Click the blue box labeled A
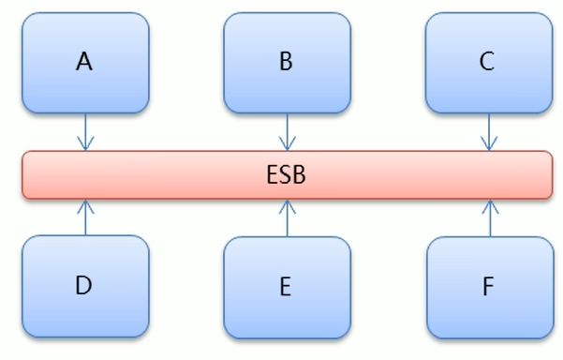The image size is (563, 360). click(x=85, y=62)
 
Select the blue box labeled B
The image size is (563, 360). click(x=287, y=62)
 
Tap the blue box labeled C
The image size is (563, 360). click(x=488, y=62)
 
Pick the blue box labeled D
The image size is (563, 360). click(x=85, y=286)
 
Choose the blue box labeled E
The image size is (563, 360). click(x=287, y=286)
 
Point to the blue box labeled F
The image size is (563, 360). click(x=488, y=286)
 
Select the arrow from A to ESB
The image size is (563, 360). click(x=85, y=131)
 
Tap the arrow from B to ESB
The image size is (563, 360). click(x=287, y=131)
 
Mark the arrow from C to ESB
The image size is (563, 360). click(x=488, y=131)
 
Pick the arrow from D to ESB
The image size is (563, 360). click(x=85, y=217)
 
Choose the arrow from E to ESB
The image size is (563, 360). click(x=287, y=217)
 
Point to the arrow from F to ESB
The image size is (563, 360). click(x=488, y=217)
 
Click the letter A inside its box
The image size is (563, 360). click(x=85, y=62)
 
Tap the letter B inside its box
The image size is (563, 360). click(x=287, y=62)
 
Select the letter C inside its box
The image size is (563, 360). click(x=487, y=62)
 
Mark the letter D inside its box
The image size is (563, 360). click(x=84, y=286)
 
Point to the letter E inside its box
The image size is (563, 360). click(x=286, y=287)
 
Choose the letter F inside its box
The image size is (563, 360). click(x=488, y=287)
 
